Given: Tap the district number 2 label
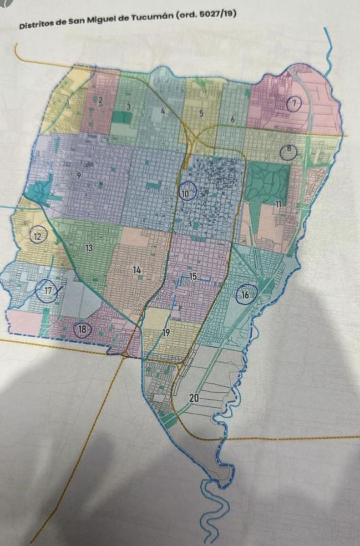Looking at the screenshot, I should pyautogui.click(x=101, y=101).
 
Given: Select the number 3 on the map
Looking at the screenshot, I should pyautogui.click(x=129, y=107).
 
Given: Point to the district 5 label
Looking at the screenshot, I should pyautogui.click(x=201, y=114).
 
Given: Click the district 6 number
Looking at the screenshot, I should pyautogui.click(x=233, y=120).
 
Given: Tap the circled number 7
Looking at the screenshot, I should pyautogui.click(x=294, y=104).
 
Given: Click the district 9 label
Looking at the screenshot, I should pyautogui.click(x=79, y=176).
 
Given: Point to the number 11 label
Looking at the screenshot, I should pyautogui.click(x=278, y=204).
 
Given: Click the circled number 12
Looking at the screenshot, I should pyautogui.click(x=37, y=236).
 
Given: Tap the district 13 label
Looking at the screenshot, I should pyautogui.click(x=89, y=248).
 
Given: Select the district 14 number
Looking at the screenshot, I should pyautogui.click(x=137, y=270).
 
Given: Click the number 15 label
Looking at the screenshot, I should pyautogui.click(x=193, y=276).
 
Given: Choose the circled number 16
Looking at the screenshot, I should pyautogui.click(x=245, y=295).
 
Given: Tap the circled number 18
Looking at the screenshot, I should pyautogui.click(x=82, y=330).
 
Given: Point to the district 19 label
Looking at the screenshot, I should pyautogui.click(x=166, y=333).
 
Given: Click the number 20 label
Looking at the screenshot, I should pyautogui.click(x=194, y=398).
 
